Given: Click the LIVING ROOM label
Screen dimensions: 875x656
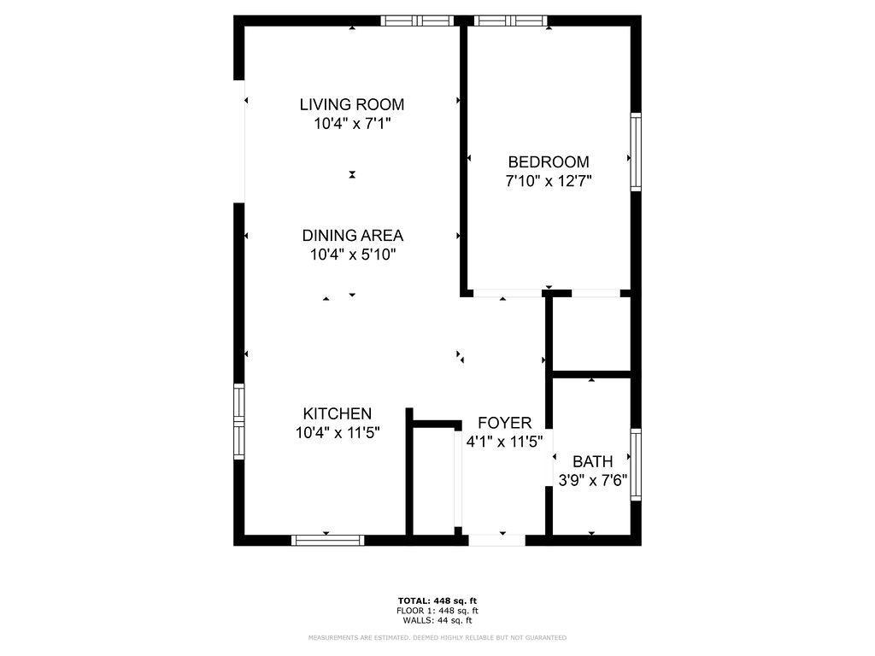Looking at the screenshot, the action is click(x=351, y=104).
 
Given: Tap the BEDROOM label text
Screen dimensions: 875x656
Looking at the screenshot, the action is click(x=548, y=161).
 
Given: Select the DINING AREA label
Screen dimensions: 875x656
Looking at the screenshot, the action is click(x=353, y=236).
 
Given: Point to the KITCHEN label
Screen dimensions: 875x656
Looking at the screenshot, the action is click(x=337, y=413).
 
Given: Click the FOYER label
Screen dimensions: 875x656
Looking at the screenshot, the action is click(x=504, y=423).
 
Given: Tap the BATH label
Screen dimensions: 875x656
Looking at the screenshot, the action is click(x=593, y=461).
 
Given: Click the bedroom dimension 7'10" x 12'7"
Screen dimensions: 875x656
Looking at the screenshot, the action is click(x=548, y=181).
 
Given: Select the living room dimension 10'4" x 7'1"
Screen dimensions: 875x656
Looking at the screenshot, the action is click(x=351, y=123).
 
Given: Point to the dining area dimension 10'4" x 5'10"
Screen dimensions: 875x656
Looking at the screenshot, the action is click(x=353, y=255).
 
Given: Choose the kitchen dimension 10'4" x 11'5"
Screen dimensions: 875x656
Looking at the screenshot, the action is click(x=338, y=432).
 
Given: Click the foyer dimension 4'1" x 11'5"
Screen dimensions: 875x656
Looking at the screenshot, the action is click(x=504, y=442).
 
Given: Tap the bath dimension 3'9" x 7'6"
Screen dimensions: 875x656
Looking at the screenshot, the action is click(x=593, y=480).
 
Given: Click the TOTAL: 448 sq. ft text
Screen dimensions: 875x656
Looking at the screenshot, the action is click(x=437, y=600).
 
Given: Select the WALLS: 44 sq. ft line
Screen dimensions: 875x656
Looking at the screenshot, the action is click(x=437, y=620).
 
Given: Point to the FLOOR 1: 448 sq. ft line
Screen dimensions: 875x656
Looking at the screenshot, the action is click(x=437, y=611).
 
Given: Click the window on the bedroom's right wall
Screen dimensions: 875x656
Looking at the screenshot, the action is click(x=636, y=152).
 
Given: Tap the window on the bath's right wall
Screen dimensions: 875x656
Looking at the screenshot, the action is click(x=636, y=464).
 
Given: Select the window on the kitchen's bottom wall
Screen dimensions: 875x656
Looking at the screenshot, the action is click(x=327, y=540).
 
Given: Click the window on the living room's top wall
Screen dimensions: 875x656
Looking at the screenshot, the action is click(x=417, y=20).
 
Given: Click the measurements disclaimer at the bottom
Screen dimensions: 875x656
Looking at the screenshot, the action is click(x=437, y=637).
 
